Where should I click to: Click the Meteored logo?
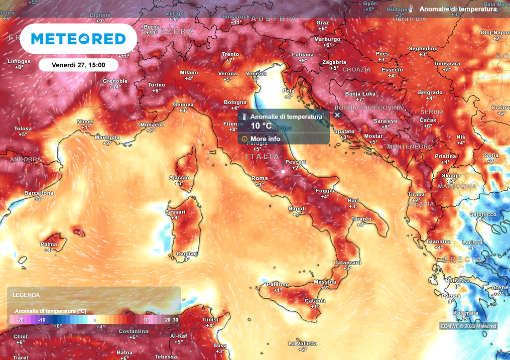[x=78, y=39]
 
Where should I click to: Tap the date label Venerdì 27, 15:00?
[x=78, y=65]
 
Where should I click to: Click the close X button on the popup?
[x=337, y=115]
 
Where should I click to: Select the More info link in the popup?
[x=265, y=139]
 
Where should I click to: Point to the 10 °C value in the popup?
[x=261, y=126]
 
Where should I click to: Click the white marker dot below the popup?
[x=283, y=172]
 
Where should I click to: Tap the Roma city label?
[x=259, y=179]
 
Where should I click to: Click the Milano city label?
[x=189, y=73]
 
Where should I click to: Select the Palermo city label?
[x=277, y=284]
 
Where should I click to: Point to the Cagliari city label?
[x=187, y=254]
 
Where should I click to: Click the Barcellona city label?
[x=39, y=193]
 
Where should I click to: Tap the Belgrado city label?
[x=430, y=93]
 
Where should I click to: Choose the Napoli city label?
[x=297, y=209]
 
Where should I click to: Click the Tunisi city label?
[x=210, y=320]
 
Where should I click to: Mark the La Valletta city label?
[x=302, y=344]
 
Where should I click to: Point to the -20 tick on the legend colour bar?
[x=20, y=320]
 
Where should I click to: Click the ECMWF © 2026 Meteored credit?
[x=468, y=326]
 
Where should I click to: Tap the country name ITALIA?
[x=263, y=157]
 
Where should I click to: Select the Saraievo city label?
[x=385, y=121]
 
